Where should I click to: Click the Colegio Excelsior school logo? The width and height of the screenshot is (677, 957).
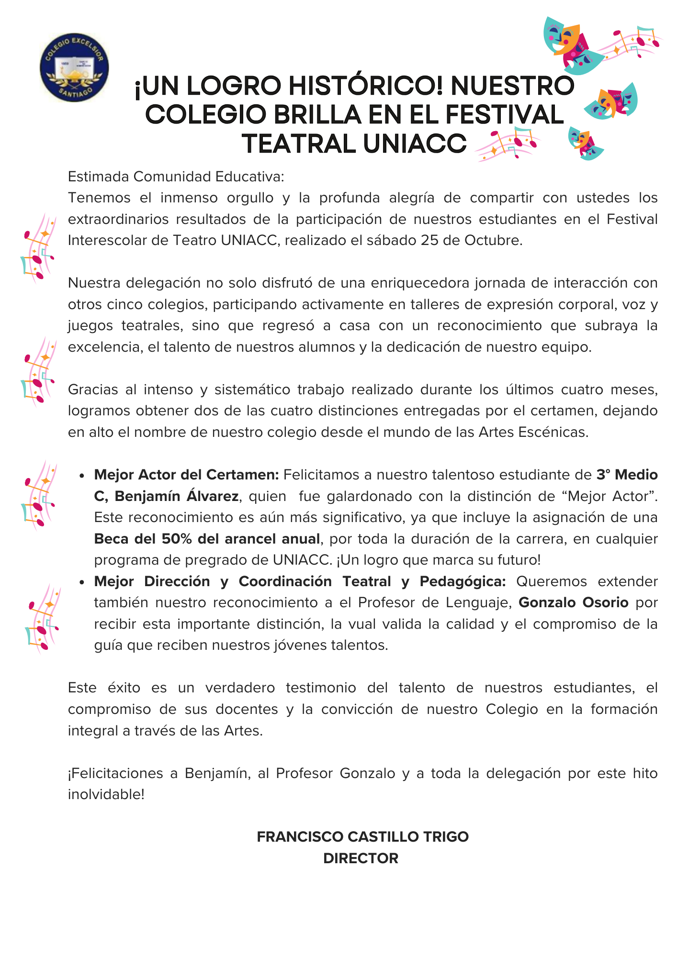click(x=74, y=67)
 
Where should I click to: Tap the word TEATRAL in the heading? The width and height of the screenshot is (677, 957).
click(x=298, y=144)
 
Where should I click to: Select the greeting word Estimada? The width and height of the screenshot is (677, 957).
click(x=98, y=177)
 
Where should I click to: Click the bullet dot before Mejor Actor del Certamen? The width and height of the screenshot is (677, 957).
click(x=82, y=476)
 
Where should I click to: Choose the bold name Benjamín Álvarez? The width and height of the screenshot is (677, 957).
click(x=177, y=496)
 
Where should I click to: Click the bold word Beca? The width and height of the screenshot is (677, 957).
click(x=112, y=539)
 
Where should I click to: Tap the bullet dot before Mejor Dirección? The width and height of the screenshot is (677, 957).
click(x=82, y=582)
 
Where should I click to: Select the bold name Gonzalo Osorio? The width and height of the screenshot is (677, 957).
click(x=573, y=602)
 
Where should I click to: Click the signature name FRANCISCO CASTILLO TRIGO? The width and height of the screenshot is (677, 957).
click(x=362, y=837)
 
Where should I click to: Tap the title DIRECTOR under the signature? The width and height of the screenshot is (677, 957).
click(x=361, y=858)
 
